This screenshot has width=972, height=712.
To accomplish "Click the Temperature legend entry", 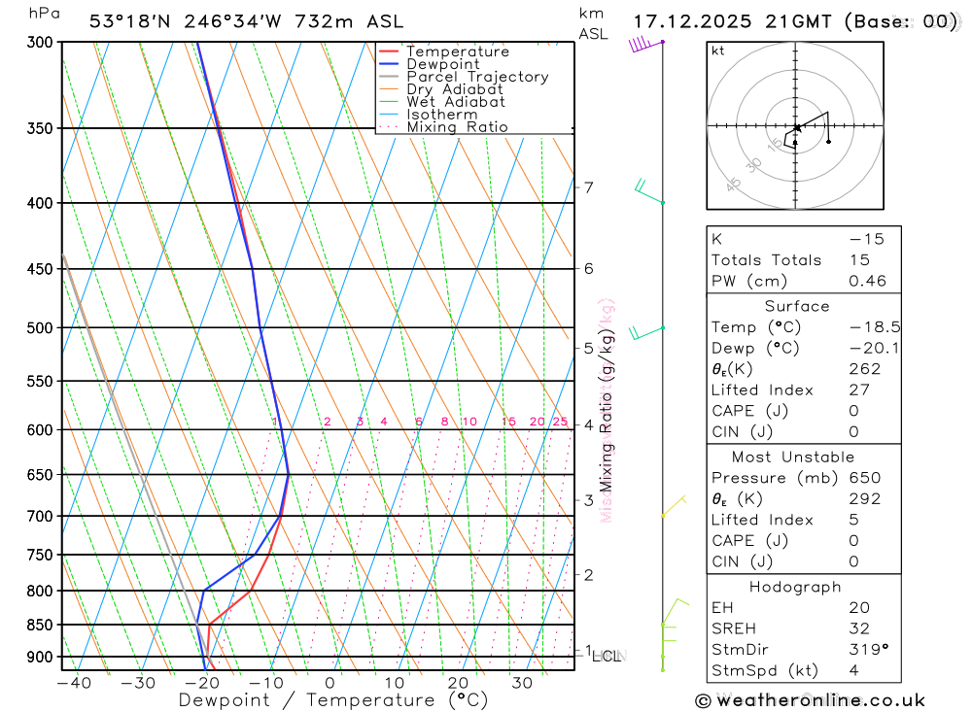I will click(x=457, y=51).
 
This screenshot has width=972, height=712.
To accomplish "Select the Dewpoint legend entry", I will click(x=442, y=64).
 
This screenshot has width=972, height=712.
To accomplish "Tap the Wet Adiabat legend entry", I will click(x=455, y=102).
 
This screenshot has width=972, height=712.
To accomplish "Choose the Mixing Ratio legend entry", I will click(x=457, y=127).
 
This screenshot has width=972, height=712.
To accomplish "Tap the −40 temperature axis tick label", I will click(x=74, y=683).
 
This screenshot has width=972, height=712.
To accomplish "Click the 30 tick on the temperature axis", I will click(x=522, y=683).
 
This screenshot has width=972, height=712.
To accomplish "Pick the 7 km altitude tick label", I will click(x=589, y=187).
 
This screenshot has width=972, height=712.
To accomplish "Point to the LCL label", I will click(x=607, y=657).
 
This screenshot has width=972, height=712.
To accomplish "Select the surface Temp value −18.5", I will click(x=860, y=327).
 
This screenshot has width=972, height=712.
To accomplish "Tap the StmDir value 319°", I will click(x=864, y=650).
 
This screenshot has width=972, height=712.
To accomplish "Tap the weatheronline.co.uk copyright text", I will click(x=811, y=699).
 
